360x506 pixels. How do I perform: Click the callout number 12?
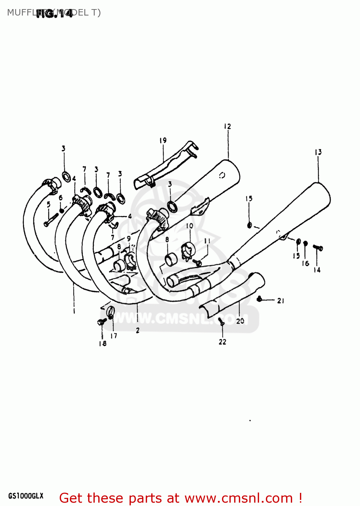coord(227,126)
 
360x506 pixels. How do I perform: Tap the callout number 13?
coord(318,152)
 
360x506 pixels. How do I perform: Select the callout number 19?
coord(163,140)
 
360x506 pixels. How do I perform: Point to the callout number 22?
coord(222,342)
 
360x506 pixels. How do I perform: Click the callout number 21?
coord(281,301)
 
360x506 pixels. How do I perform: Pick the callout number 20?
coord(240,321)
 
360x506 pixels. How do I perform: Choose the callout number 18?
coord(103,343)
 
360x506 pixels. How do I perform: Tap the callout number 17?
coord(114,336)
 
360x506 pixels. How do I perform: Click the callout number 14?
coord(317,270)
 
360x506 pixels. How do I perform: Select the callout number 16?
coord(305,263)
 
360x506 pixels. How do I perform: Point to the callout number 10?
coord(190,226)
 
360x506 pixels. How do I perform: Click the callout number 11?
coord(207,241)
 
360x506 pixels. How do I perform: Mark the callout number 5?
coord(49,204)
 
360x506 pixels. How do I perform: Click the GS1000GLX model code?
coord(26,496)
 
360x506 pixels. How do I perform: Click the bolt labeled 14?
coord(318,248)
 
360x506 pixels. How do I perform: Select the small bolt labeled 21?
coord(259,299)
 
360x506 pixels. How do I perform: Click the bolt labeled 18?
coord(102,322)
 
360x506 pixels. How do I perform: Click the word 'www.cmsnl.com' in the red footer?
coord(239,498)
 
